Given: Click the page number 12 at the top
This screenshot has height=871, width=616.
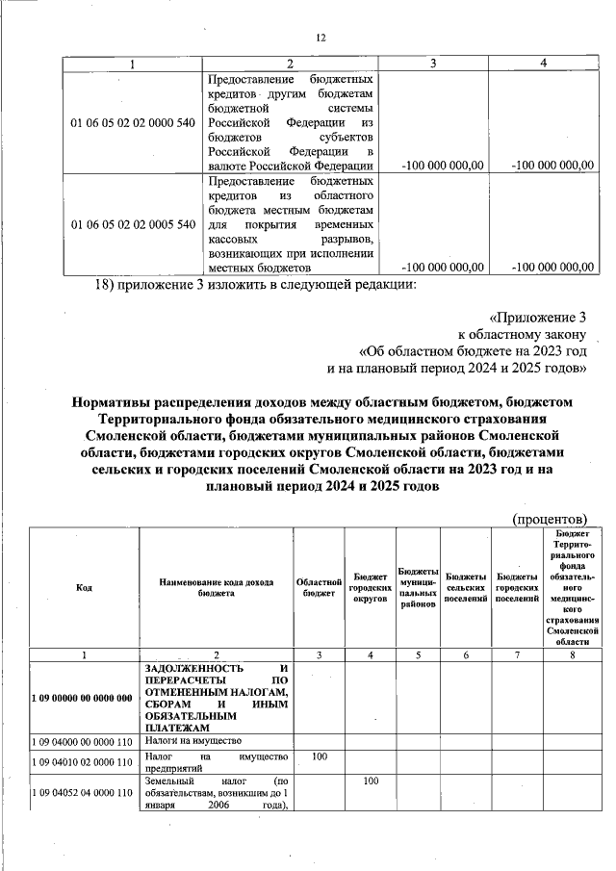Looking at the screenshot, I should point(321,38).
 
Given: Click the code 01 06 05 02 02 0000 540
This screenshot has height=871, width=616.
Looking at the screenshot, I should point(133,122).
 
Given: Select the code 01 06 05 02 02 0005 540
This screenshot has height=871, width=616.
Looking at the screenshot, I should point(133,224).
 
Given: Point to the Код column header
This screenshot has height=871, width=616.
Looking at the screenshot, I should point(84,588).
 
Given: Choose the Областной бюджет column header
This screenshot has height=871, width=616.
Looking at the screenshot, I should point(319,588).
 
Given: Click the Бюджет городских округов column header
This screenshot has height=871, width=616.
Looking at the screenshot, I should point(370,588).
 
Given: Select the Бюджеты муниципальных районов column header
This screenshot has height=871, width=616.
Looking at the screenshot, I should point(418,588).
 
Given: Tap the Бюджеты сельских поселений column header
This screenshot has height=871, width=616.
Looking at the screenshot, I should point(466,588).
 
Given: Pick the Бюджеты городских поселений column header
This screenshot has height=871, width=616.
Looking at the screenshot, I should point(515,588).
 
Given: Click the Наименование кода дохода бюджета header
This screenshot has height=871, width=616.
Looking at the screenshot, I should point(216,588).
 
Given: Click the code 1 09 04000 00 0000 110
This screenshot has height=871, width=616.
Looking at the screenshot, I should point(84,742).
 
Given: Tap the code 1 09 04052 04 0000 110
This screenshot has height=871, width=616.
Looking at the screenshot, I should point(84,793).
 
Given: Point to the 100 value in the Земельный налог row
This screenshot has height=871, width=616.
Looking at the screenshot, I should point(370,781).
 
